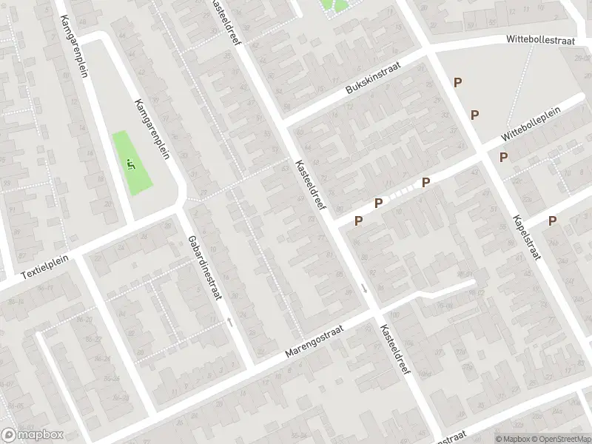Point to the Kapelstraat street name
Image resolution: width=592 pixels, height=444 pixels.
pyautogui.click(x=525, y=236)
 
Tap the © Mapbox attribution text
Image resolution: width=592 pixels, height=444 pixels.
pyautogui.click(x=511, y=439)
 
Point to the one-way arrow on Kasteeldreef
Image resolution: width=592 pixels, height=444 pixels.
pyautogui.click(x=364, y=288)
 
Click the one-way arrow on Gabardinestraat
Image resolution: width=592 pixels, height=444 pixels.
pyautogui.click(x=229, y=322)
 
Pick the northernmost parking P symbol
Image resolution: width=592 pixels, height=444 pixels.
pyautogui.click(x=458, y=83)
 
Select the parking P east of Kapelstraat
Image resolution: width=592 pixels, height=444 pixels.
pyautogui.click(x=552, y=221)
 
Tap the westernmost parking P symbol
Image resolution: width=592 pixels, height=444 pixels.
pyautogui.click(x=359, y=221)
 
